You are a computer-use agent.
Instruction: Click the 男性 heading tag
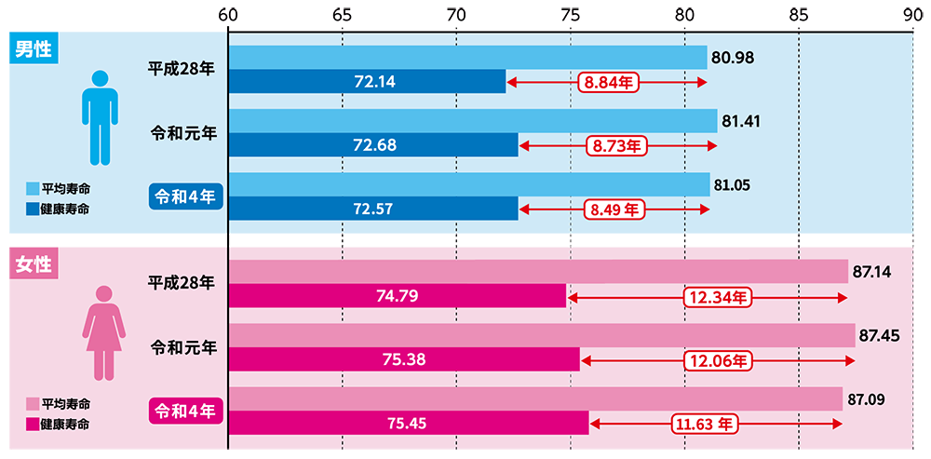point(34,49)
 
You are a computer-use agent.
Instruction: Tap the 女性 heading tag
point(34,263)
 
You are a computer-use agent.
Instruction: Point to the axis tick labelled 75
point(570,14)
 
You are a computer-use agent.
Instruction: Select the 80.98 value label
point(732,58)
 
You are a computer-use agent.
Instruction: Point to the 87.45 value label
point(879,336)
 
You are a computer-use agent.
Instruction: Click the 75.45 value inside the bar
point(408,424)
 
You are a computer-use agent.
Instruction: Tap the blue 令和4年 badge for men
point(184,196)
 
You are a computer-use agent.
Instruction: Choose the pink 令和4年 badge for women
point(184,410)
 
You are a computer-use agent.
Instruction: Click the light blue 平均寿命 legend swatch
point(32,189)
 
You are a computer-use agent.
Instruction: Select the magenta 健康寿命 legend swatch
point(32,424)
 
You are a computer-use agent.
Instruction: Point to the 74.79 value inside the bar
point(397,296)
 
